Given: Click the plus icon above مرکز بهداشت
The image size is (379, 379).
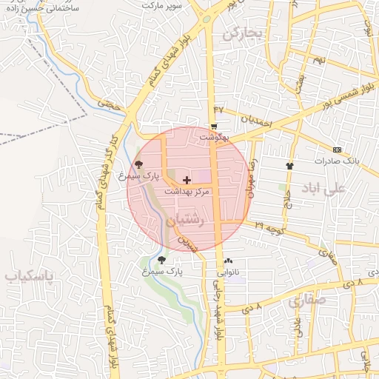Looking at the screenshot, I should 187,180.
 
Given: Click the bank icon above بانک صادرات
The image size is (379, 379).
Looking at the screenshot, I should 338,149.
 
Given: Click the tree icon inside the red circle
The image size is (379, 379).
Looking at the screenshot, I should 138,164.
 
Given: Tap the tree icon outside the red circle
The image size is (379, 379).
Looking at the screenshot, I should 161,260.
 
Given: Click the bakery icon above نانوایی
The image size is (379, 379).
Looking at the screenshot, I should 228,261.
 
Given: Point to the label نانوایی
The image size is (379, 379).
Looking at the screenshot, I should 227,272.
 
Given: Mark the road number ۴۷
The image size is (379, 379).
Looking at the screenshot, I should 218,110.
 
